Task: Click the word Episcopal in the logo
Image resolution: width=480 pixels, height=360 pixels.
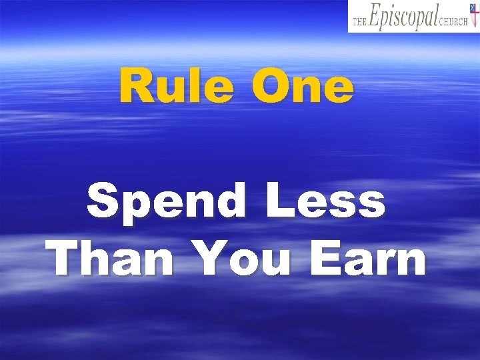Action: [x=403, y=17]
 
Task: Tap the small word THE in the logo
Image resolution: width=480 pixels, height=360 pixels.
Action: [x=360, y=22]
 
